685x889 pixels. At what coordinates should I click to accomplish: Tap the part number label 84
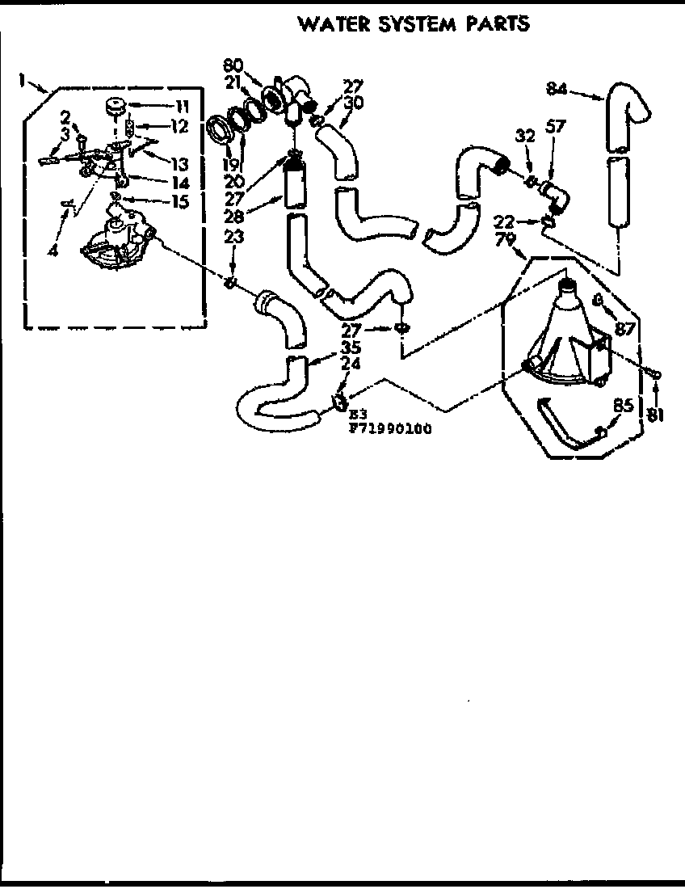(556, 89)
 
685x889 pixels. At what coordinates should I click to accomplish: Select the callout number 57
(557, 125)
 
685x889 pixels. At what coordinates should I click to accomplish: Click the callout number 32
(526, 137)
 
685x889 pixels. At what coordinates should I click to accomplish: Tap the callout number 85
(623, 407)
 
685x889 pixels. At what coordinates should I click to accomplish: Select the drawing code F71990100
(389, 429)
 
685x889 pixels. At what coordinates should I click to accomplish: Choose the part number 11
(181, 105)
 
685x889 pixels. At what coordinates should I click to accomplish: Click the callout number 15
(178, 201)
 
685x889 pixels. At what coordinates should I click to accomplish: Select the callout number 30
(353, 102)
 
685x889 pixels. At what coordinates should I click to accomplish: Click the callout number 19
(231, 164)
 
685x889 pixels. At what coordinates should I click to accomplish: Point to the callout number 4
(53, 250)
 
